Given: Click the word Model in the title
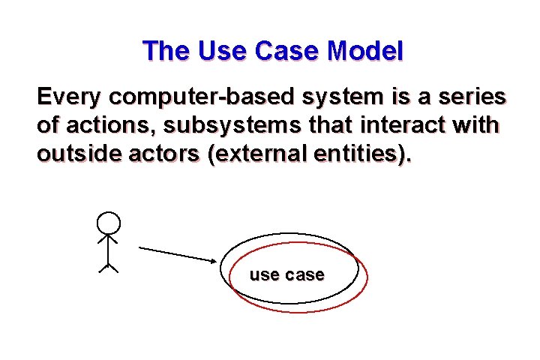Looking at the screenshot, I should point(365,51).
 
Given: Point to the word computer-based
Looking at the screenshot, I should point(203,97).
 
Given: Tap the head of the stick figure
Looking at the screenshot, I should point(109,223).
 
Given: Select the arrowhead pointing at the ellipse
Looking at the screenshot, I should point(213,260).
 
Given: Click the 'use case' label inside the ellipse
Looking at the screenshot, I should point(286,275).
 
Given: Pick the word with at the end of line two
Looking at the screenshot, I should point(475,124).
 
